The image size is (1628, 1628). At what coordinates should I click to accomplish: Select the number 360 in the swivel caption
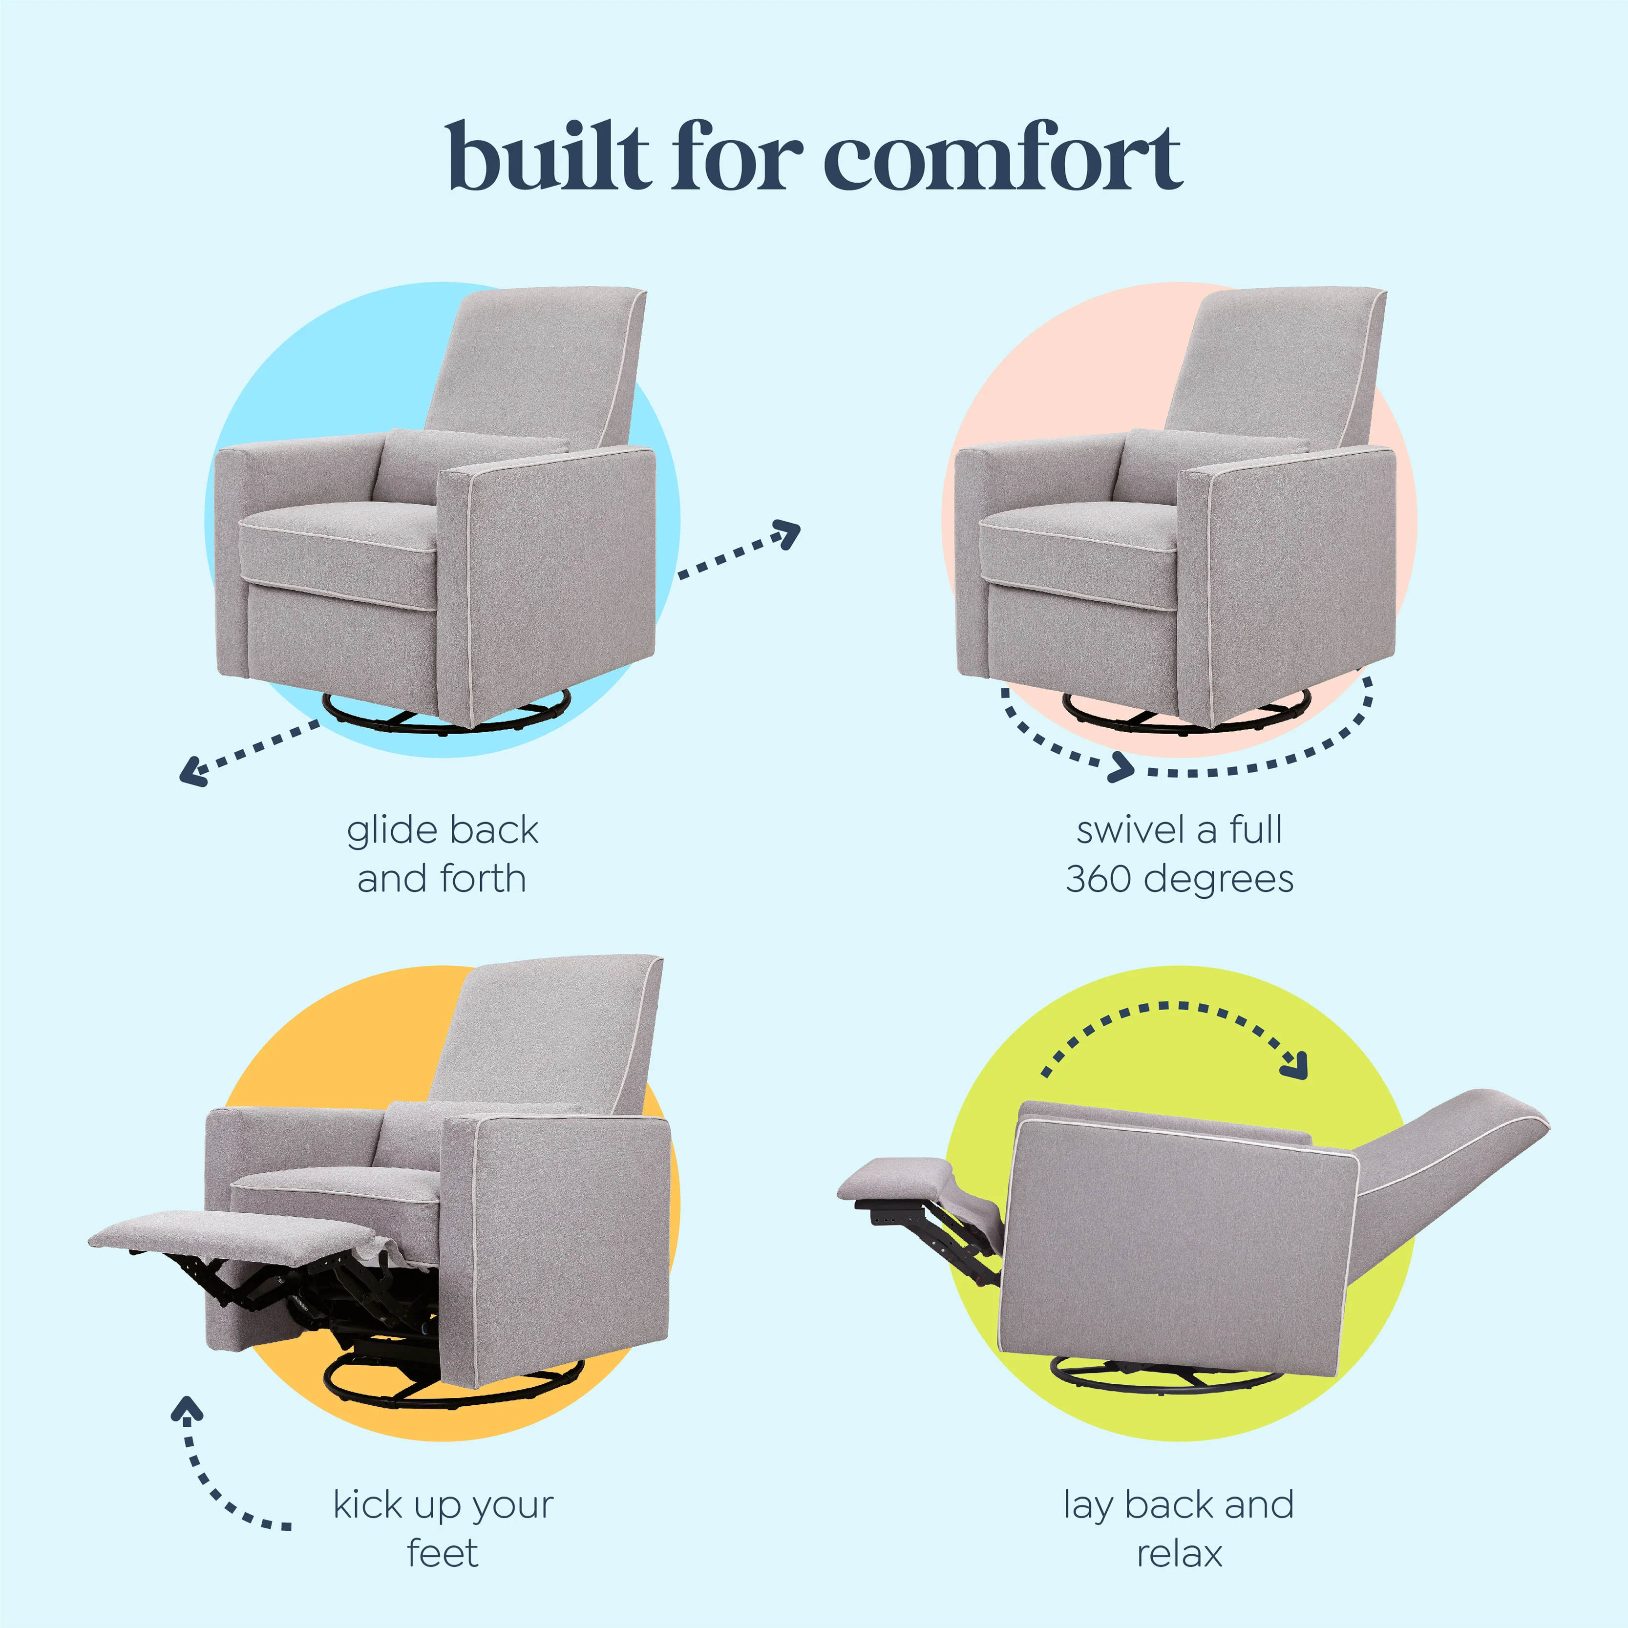(1097, 879)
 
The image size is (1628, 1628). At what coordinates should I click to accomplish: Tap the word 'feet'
(443, 1553)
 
